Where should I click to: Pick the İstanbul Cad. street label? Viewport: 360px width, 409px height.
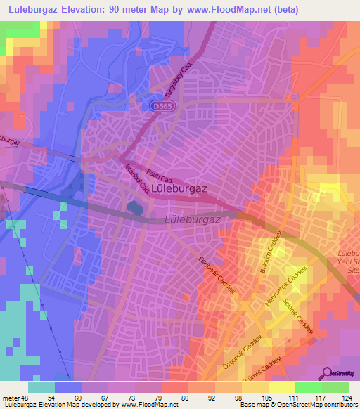[x=136, y=178]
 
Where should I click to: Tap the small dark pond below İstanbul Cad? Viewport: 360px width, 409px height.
[x=134, y=207]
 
